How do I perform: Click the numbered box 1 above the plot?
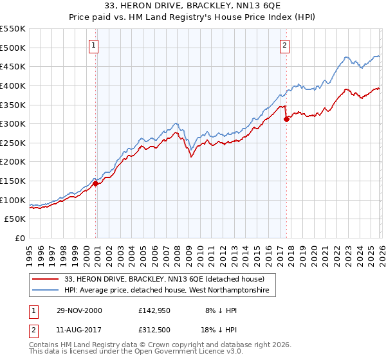click(x=94, y=45)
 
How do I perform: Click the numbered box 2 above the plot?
click(x=284, y=45)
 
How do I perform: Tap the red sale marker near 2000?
click(x=96, y=183)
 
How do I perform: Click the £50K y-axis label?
click(x=15, y=219)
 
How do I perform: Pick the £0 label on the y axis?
click(x=20, y=238)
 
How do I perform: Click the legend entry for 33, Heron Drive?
click(x=164, y=279)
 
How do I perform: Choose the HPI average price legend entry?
click(x=170, y=291)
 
